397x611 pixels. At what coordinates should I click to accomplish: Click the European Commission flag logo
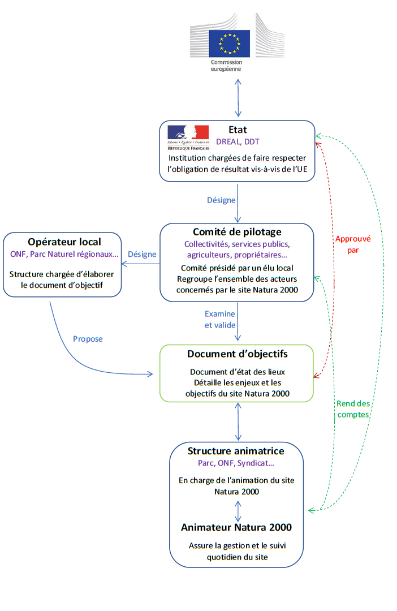[x=229, y=43]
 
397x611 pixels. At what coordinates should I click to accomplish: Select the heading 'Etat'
[x=238, y=130]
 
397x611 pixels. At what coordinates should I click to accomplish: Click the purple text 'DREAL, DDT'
[x=238, y=141]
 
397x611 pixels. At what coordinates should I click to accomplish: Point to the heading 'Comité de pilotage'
[x=237, y=232]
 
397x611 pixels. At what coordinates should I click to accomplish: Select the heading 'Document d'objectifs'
[x=238, y=354]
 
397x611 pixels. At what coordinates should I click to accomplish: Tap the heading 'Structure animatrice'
[x=236, y=451]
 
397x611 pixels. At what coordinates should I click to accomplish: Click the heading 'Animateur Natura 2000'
[x=236, y=527]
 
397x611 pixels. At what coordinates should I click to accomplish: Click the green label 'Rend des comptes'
[x=353, y=408]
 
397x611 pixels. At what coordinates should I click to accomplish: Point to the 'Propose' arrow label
[x=88, y=339]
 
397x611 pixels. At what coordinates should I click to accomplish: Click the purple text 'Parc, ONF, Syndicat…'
[x=236, y=463]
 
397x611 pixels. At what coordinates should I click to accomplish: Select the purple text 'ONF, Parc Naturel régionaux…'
[x=64, y=255]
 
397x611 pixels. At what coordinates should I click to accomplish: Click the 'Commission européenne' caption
[x=226, y=66]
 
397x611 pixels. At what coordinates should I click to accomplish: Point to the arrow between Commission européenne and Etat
[x=238, y=98]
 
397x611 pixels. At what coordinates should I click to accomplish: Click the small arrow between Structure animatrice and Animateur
[x=238, y=510]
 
